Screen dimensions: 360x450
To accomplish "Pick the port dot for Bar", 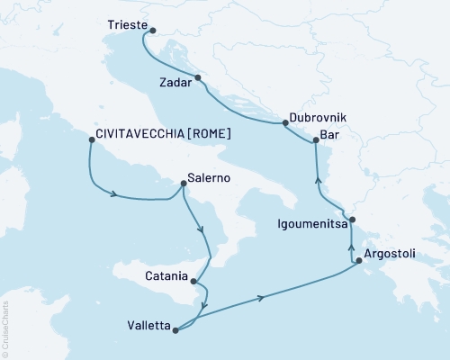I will [315, 139].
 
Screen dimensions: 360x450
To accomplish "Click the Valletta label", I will [146, 328].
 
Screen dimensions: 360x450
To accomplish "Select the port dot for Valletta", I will [175, 329].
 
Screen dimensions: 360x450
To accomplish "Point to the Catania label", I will [165, 275].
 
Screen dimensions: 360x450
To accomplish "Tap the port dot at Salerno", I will [184, 184].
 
